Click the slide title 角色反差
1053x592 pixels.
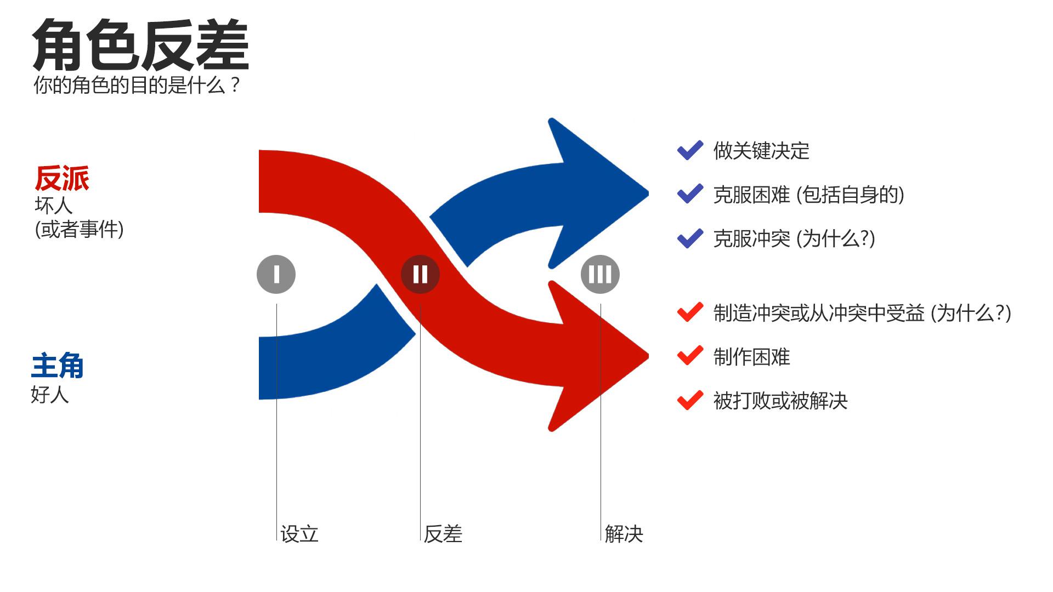point(140,45)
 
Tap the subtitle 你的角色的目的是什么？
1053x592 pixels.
point(137,86)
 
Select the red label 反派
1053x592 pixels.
point(61,179)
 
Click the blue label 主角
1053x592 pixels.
point(57,366)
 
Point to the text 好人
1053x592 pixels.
point(49,395)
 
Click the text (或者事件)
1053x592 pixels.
point(79,229)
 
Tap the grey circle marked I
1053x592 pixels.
point(276,274)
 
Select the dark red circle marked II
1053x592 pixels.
point(420,274)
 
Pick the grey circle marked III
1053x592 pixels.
point(600,274)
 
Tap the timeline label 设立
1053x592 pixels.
point(299,534)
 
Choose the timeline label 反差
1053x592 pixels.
point(443,534)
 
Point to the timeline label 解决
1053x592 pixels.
point(624,534)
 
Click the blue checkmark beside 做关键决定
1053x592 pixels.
point(690,150)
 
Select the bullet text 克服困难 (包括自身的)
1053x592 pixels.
point(808,195)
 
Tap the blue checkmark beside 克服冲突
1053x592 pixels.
point(690,238)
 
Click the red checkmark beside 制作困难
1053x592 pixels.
point(690,356)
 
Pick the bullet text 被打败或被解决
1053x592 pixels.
point(780,401)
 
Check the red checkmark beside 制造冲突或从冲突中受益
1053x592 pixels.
point(690,312)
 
